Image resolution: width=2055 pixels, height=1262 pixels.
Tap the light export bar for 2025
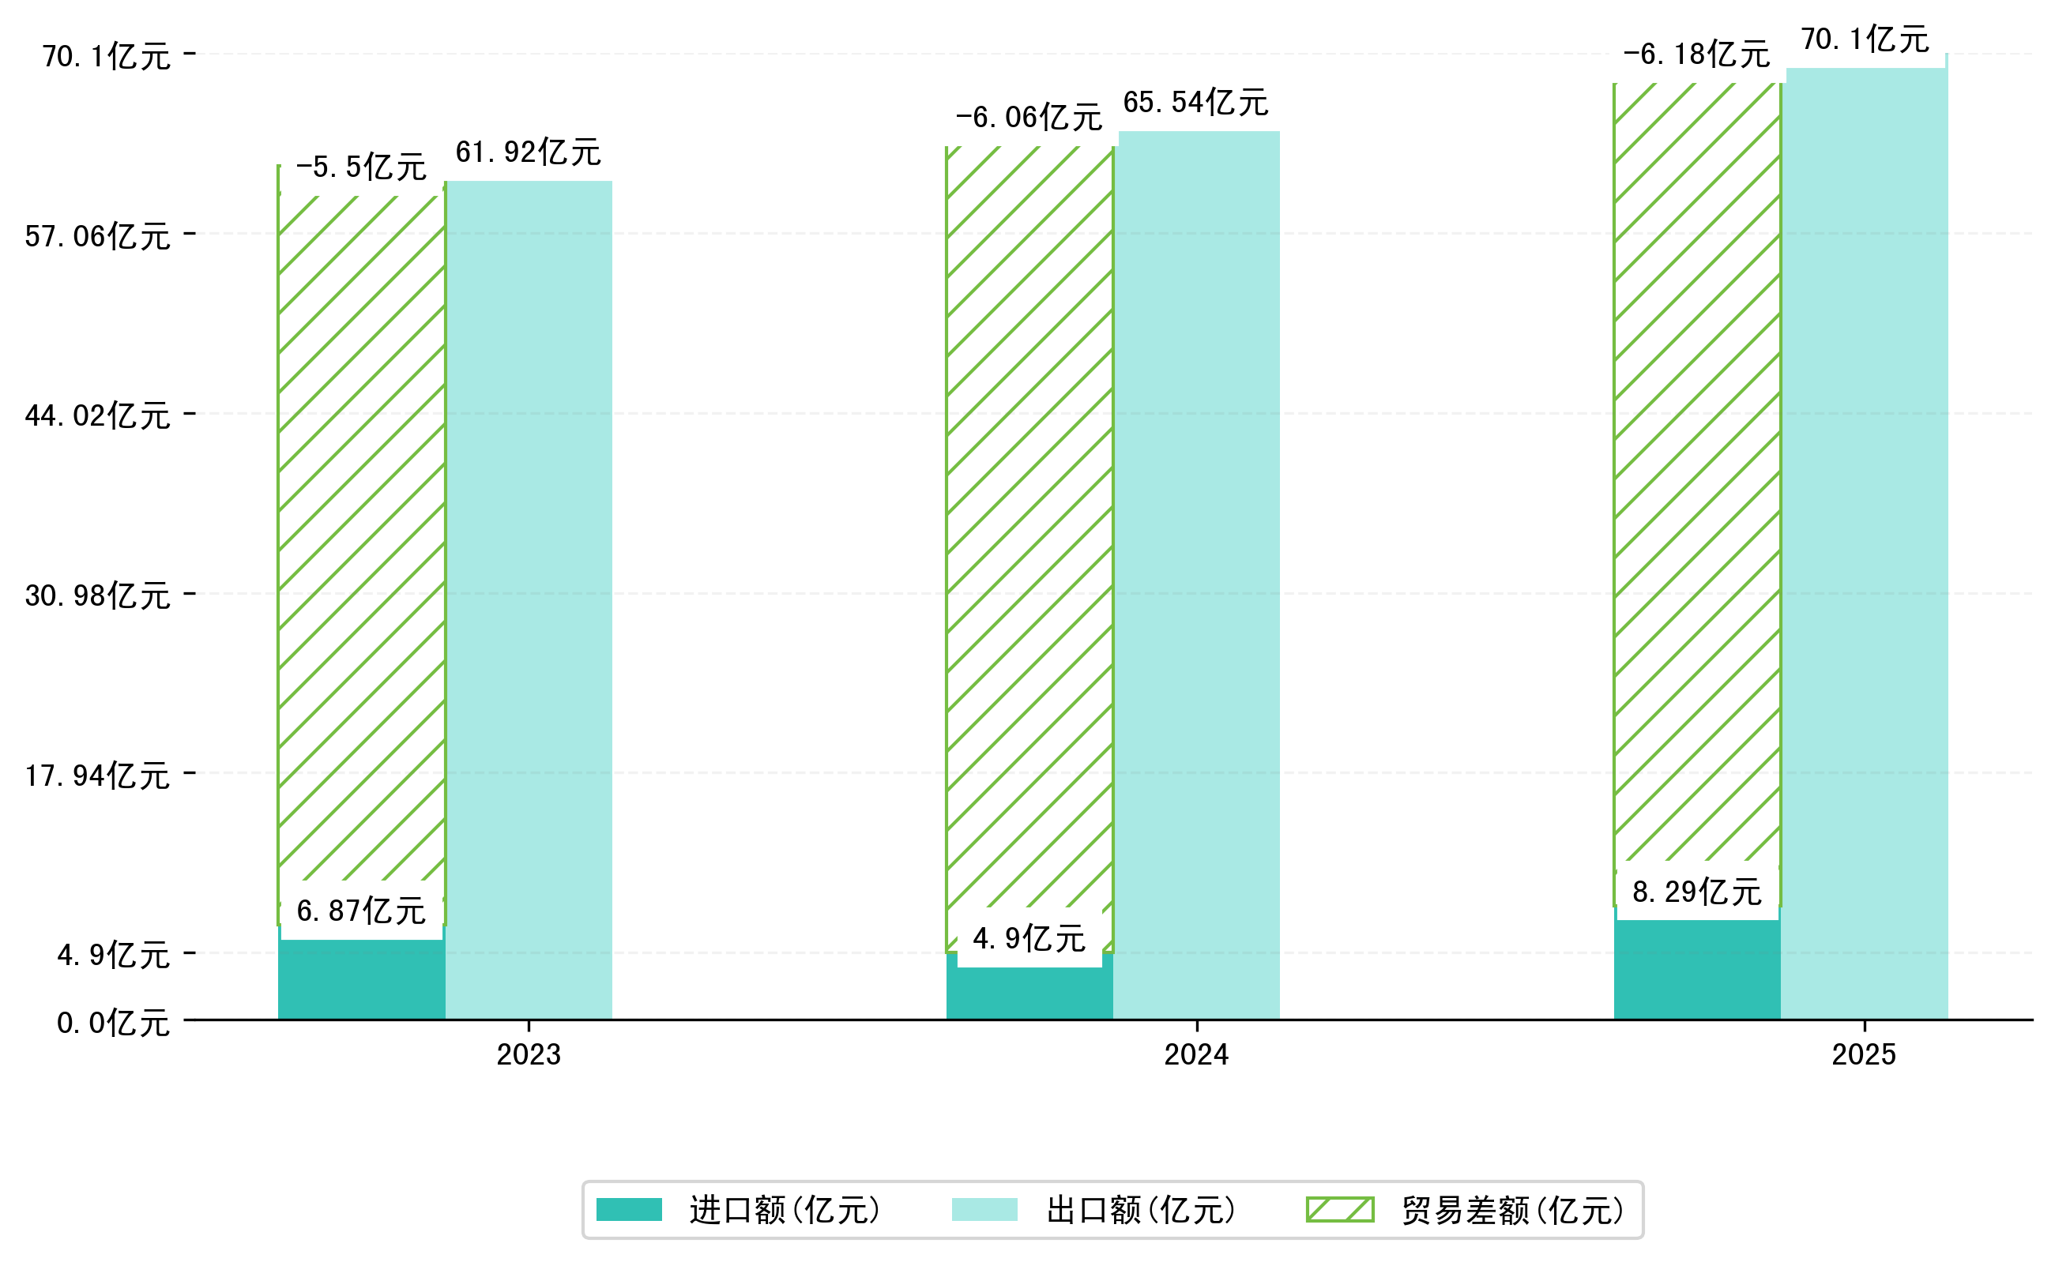[x=1866, y=543]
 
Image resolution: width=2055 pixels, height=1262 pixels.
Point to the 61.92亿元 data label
[x=528, y=152]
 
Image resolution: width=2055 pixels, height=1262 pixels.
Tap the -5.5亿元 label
[x=361, y=167]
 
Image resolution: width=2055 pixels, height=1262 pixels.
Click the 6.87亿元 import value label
[x=361, y=911]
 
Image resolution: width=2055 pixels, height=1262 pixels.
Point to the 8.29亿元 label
[x=1696, y=892]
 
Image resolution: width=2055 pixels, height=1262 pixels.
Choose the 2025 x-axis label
[x=1864, y=1055]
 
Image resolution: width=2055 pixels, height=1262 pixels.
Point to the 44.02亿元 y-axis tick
[x=98, y=415]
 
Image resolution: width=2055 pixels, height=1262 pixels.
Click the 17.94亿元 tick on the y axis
[x=98, y=776]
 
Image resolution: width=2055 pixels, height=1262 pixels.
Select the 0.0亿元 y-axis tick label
[x=114, y=1023]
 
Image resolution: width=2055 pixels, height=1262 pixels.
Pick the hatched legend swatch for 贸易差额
[x=1339, y=1209]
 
